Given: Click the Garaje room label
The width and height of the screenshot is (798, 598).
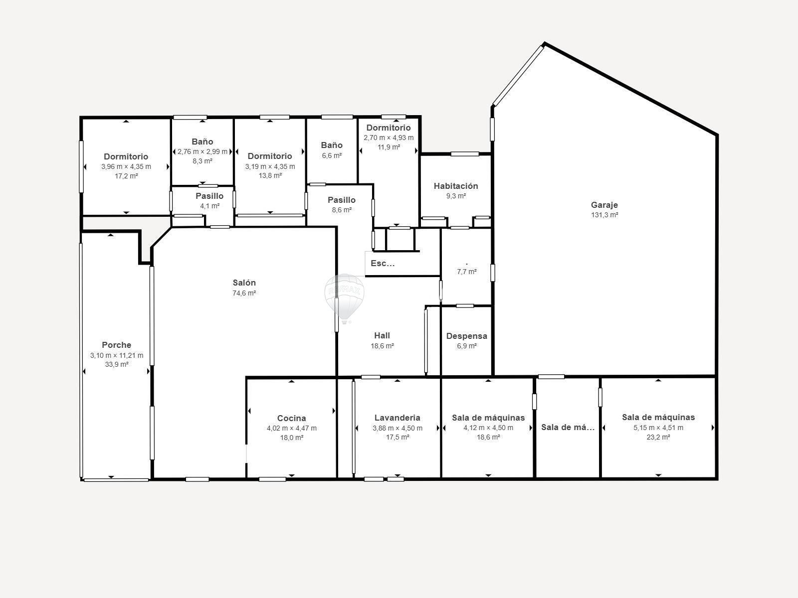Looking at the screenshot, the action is (604, 205).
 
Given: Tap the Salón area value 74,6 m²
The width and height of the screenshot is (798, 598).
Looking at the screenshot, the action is (244, 293).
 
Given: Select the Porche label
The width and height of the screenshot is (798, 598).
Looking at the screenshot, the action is (116, 345).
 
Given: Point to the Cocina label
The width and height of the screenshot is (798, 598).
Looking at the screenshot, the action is (292, 418).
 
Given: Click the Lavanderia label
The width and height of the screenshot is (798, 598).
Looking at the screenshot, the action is (398, 418).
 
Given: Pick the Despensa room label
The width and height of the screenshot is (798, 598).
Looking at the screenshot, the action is (467, 336).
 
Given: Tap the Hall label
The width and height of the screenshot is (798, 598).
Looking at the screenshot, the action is (382, 335).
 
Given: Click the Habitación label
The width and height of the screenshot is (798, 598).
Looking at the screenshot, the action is (456, 186).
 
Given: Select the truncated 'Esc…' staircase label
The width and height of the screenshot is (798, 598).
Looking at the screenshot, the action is (383, 263).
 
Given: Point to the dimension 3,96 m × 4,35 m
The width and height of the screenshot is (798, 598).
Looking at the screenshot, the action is (126, 166).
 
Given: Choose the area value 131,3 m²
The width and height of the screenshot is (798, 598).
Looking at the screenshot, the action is (604, 215).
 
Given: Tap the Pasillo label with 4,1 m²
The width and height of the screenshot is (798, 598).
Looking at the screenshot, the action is (209, 196).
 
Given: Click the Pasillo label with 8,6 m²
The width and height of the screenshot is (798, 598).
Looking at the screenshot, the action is (342, 200).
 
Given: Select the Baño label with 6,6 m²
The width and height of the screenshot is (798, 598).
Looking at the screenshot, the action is (332, 145).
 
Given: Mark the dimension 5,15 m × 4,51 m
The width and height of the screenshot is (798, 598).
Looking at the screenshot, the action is (658, 428).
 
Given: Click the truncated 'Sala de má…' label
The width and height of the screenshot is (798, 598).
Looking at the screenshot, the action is (568, 428).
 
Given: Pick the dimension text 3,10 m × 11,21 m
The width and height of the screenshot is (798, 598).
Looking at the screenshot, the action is (117, 355).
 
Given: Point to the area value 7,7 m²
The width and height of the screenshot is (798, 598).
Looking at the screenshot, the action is (467, 272).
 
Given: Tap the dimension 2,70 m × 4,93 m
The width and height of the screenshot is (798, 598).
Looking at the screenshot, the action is (389, 138).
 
